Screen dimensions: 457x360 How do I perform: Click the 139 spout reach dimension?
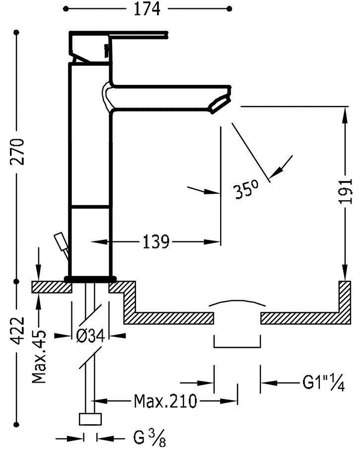point(156,242)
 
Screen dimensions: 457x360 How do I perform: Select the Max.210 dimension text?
point(165,400)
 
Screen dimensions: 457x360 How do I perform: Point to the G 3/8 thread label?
point(145,438)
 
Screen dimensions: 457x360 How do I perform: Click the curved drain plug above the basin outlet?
point(237,303)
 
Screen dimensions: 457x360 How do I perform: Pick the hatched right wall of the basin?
point(345,297)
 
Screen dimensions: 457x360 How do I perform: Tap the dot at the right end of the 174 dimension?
point(229,8)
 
